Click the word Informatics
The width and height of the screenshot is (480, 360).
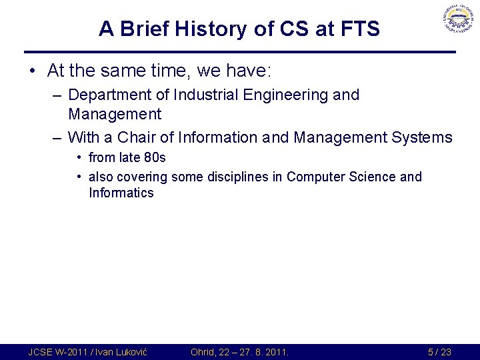121,193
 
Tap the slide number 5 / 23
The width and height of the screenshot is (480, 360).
439,351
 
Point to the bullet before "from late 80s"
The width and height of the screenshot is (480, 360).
79,158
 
